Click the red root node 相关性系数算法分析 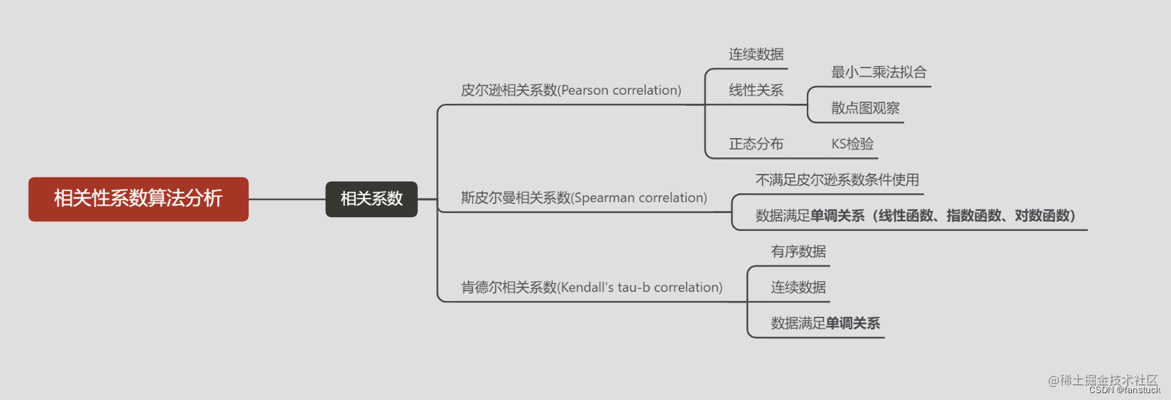pos(138,199)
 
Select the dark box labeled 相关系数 pos(371,199)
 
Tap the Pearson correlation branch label pos(570,90)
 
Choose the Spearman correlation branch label pos(583,198)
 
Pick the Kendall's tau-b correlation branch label pos(591,287)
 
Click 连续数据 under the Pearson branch pos(756,54)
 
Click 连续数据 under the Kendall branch pos(798,287)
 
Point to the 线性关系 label pos(756,90)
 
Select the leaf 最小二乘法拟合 pos(878,72)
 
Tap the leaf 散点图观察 pos(865,108)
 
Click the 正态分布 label pos(756,144)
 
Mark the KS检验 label pos(852,144)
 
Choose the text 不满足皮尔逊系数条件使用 pos(837,180)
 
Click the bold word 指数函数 pos(974,216)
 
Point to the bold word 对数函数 pos(1042,216)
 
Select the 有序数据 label pos(798,252)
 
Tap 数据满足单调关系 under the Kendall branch pos(825,323)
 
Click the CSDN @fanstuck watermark pos(1124,390)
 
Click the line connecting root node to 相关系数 pos(287,199)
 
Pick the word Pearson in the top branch pos(585,90)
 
